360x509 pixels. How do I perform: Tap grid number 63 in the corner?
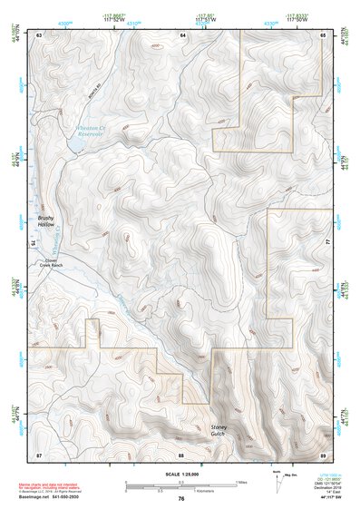pyautogui.click(x=39, y=34)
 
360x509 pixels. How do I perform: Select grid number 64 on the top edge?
pyautogui.click(x=181, y=34)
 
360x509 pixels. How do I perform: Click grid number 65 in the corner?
pyautogui.click(x=324, y=34)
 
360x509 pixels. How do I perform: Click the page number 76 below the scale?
pyautogui.click(x=181, y=499)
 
